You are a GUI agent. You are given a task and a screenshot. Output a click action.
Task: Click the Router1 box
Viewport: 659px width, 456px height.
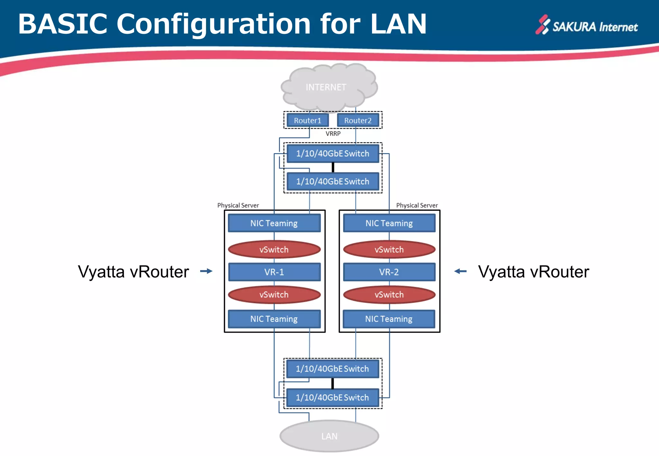tap(307, 121)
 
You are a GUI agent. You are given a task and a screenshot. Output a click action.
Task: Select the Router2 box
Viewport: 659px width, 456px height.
tap(357, 121)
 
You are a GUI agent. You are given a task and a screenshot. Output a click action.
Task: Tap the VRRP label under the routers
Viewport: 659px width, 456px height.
tap(333, 133)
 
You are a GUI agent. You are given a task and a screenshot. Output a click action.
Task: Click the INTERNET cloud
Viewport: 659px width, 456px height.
tap(326, 87)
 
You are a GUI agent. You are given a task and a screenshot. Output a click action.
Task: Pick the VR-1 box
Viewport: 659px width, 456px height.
tap(274, 272)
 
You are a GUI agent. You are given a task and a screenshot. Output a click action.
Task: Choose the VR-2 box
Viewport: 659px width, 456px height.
tap(389, 272)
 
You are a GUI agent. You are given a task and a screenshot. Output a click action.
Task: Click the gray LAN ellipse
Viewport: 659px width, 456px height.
tap(329, 436)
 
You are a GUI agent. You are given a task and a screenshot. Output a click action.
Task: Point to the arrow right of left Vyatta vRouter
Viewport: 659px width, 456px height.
tap(206, 271)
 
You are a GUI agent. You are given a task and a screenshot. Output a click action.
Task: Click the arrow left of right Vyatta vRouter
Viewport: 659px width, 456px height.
tap(460, 271)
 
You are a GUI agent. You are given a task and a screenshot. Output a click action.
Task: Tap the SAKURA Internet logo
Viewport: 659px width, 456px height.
tap(586, 26)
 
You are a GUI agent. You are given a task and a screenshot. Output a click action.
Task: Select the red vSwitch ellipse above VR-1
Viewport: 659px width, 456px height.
tap(274, 250)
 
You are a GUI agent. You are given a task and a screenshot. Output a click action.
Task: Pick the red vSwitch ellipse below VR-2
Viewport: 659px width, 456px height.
tap(389, 295)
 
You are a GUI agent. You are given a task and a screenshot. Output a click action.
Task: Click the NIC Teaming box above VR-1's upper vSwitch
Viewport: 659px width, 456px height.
tap(274, 223)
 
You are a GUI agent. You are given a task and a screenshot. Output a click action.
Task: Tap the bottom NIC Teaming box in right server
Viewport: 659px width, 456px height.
tap(389, 319)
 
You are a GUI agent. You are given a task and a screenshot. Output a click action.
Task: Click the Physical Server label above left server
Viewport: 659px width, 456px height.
tap(238, 205)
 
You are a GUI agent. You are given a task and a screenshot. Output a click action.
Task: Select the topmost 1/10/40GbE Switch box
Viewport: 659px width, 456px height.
tap(333, 153)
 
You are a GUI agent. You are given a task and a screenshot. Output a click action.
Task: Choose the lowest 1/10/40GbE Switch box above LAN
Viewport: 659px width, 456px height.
tap(332, 397)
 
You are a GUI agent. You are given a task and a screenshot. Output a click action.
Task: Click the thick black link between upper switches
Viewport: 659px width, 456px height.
tap(333, 167)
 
